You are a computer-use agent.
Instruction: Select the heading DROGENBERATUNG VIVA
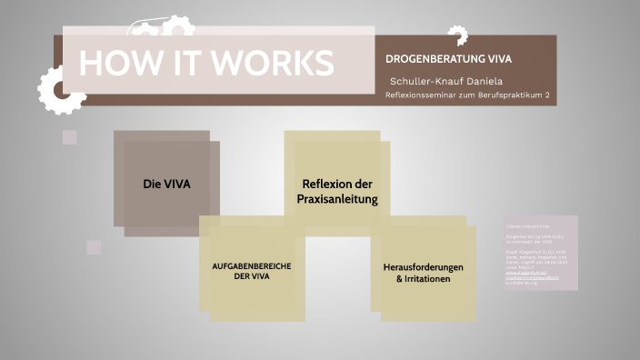point(449,59)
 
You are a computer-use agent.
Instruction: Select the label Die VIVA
point(166,184)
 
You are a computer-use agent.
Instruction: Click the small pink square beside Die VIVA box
point(69,137)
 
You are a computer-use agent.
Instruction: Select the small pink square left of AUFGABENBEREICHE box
point(94,247)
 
